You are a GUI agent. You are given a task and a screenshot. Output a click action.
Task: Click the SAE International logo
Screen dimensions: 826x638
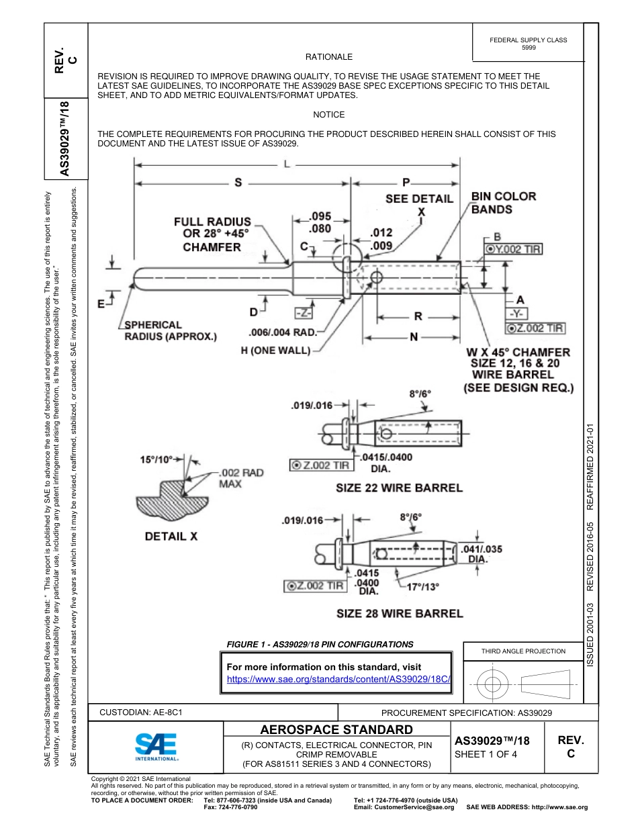click(156, 746)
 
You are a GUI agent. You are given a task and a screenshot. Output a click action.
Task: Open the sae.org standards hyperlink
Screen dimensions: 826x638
click(338, 679)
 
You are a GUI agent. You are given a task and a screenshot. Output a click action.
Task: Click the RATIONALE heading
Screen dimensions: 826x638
click(329, 57)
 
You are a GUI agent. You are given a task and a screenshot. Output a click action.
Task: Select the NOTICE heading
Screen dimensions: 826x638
click(329, 115)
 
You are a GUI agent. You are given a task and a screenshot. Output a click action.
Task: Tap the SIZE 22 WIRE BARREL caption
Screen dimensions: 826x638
click(399, 488)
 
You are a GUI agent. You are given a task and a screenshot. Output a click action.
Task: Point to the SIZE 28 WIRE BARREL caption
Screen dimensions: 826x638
click(399, 613)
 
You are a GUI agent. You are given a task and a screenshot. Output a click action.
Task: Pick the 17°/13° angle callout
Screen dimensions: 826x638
click(423, 586)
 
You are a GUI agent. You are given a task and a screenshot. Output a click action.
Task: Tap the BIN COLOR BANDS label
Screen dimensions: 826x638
click(503, 203)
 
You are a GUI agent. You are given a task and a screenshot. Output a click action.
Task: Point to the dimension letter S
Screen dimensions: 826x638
click(238, 182)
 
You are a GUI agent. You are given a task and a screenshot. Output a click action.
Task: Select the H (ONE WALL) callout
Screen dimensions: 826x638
click(275, 351)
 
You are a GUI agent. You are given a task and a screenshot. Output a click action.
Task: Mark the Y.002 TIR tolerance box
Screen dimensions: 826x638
click(513, 249)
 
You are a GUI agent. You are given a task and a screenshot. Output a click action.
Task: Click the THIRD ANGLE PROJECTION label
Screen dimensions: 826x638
click(523, 651)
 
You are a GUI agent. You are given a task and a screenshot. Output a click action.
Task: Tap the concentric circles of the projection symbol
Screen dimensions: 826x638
click(494, 685)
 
